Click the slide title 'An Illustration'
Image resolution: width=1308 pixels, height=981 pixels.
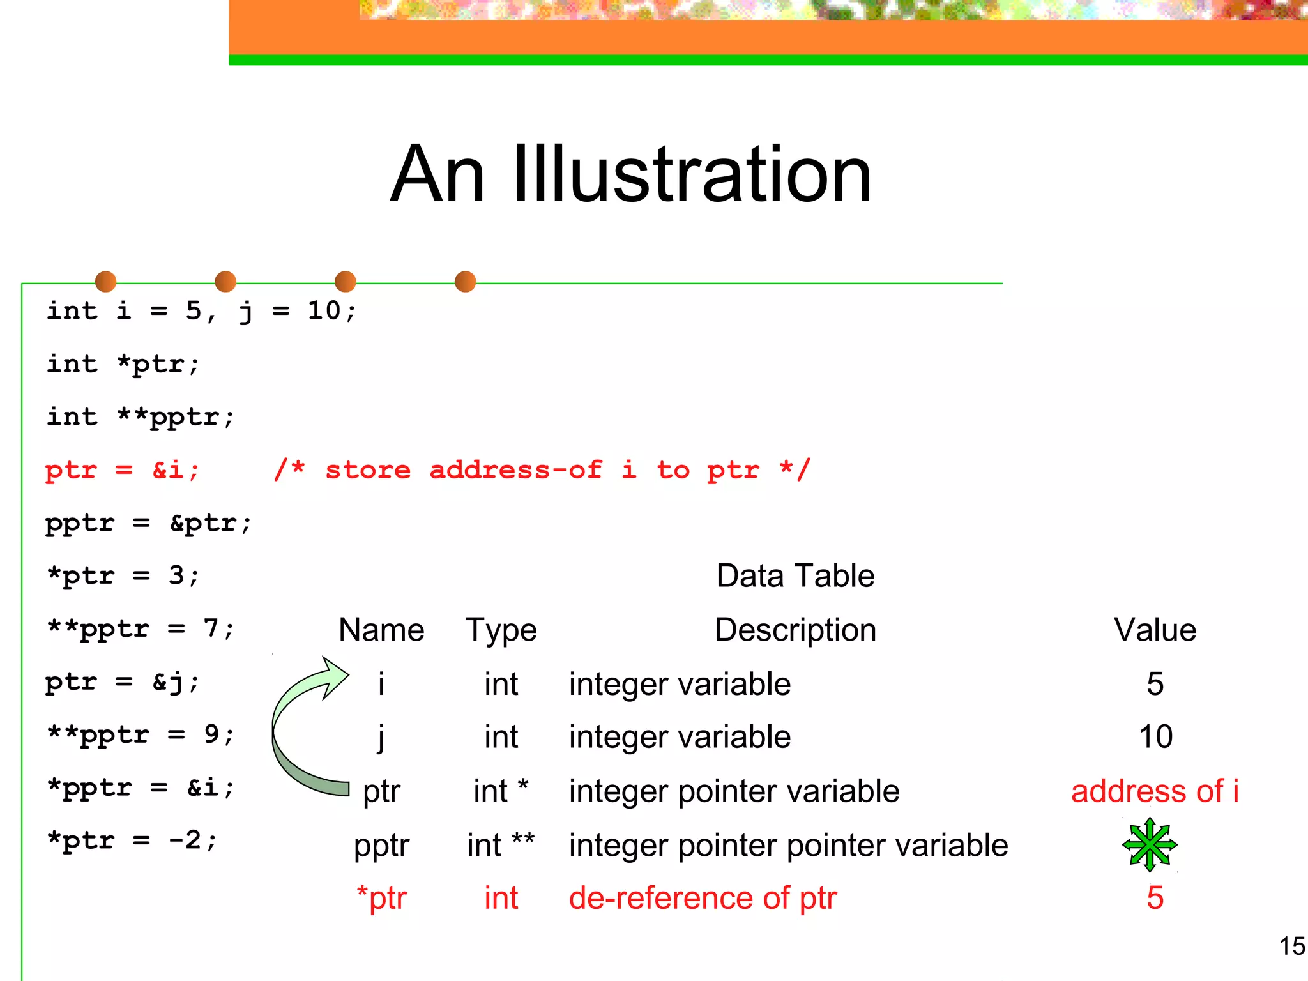pos(630,174)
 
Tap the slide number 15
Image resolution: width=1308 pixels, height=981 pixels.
pos(1291,946)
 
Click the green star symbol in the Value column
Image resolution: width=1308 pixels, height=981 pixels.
pos(1149,844)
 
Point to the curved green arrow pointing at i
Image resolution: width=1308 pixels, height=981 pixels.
pos(300,728)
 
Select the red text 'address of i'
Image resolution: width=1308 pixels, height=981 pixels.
pos(1155,791)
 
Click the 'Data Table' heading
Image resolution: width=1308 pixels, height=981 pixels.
pos(795,575)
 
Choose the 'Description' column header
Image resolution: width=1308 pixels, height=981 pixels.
pos(795,630)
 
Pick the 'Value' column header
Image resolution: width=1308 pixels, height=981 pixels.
pos(1155,630)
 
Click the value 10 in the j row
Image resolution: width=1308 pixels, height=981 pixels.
pos(1155,736)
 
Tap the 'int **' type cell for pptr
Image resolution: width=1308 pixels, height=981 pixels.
pos(501,845)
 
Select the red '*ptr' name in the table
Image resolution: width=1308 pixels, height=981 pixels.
pos(381,897)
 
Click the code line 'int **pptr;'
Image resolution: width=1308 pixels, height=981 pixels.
pos(141,417)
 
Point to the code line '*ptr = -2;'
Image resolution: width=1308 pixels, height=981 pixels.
pos(132,840)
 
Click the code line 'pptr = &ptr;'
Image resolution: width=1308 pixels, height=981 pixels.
pos(149,523)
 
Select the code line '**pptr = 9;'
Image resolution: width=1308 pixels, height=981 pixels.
pos(141,734)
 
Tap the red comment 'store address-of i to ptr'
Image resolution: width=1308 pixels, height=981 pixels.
pos(542,470)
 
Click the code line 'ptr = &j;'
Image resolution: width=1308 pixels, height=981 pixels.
pos(123,682)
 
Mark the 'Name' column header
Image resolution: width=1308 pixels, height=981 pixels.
pos(381,630)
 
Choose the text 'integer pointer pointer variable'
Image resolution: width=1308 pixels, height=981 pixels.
pos(788,845)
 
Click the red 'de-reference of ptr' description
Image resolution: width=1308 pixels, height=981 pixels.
pos(703,897)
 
